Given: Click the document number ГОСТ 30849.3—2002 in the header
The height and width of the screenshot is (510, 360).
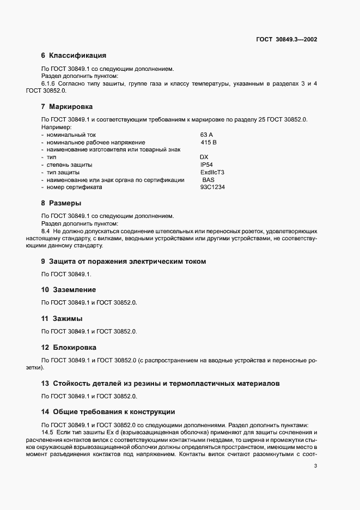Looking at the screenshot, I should pos(286,40).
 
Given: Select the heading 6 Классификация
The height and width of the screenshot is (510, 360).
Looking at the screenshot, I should pos(74,56).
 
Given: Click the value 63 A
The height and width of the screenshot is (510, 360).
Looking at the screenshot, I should pos(207,134).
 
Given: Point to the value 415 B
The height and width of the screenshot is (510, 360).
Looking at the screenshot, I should pos(209,142).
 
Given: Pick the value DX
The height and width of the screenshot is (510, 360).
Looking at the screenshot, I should pos(204,157).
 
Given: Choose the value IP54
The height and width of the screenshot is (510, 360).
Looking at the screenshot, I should pos(207,165).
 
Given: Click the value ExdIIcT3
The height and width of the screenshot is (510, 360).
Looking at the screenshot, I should pos(212,172).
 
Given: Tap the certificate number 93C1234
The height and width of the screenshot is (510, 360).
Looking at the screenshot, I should pos(213,187).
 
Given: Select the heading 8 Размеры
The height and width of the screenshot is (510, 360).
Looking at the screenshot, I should pos(61,203).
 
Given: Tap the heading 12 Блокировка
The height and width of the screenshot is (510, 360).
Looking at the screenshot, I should pos(69,347).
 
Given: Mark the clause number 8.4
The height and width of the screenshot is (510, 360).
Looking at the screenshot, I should pos(46,231).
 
